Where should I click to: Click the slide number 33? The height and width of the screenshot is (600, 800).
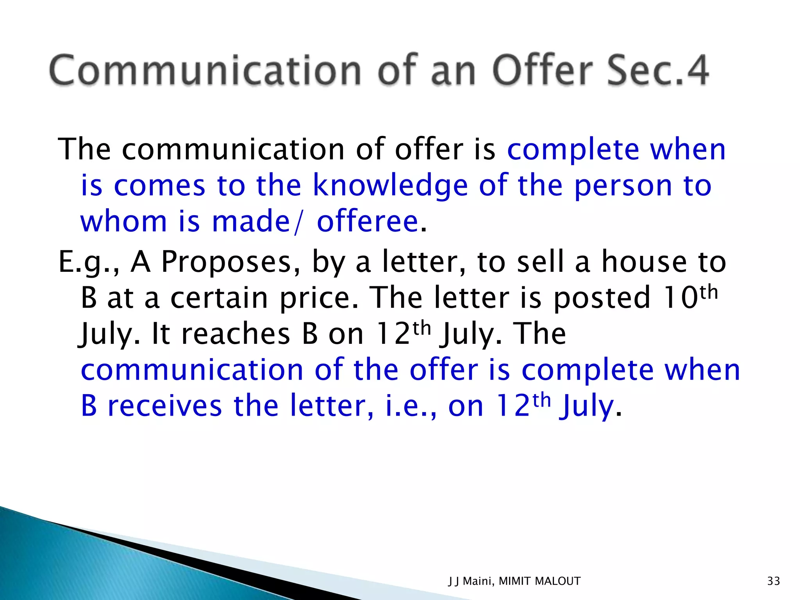tap(773, 581)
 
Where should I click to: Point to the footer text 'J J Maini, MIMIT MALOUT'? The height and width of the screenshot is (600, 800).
tap(514, 581)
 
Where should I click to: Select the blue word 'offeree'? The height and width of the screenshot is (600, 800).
tap(368, 221)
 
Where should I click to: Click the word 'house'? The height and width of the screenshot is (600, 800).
tap(644, 261)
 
